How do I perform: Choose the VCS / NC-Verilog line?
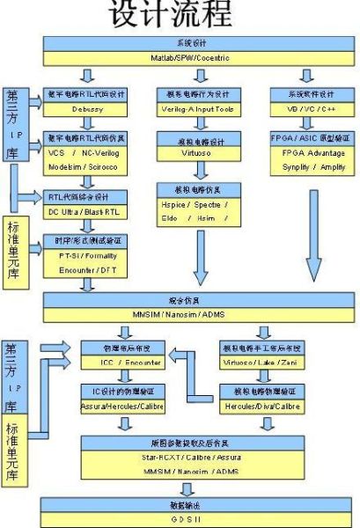click(x=87, y=152)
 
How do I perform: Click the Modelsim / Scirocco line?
click(x=87, y=165)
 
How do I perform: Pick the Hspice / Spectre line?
click(x=197, y=203)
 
